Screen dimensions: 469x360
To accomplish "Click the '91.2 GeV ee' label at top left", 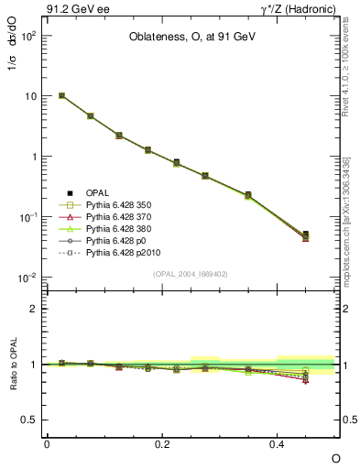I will [x=75, y=10].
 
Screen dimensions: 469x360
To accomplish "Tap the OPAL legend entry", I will [x=97, y=192].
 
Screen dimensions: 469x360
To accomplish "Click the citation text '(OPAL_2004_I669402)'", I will [x=191, y=273].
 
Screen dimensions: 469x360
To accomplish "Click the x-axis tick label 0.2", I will [x=162, y=443].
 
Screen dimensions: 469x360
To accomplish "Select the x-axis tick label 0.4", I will [x=278, y=443].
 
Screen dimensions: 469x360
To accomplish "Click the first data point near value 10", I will [x=61, y=95].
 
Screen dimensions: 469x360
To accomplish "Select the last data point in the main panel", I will [x=306, y=236].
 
